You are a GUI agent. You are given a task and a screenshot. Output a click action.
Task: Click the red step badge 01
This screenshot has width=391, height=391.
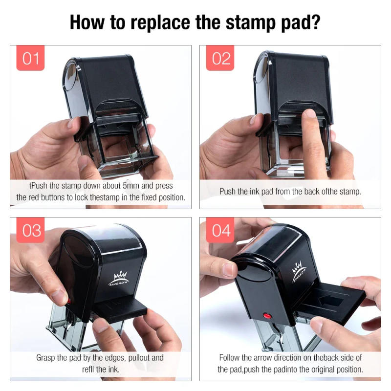30,58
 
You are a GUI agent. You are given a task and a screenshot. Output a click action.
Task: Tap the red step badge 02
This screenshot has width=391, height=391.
220,58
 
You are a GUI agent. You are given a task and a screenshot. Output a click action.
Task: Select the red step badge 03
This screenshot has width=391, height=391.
30,230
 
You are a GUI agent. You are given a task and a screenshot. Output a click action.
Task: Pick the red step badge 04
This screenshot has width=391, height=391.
220,230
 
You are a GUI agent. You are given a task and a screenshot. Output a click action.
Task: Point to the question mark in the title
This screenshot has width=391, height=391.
316,22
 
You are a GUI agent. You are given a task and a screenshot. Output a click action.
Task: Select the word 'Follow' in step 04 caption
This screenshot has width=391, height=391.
230,358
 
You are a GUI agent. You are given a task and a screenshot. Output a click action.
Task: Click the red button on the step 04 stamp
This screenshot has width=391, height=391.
266,315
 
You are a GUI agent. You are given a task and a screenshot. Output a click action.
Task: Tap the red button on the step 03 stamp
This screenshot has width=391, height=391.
69,302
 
